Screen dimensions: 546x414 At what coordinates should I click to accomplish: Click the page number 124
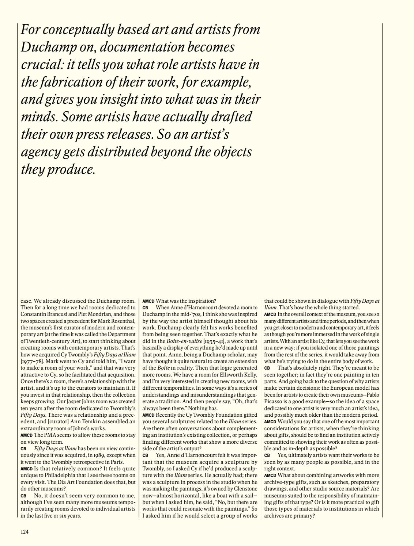pyautogui.click(x=25, y=532)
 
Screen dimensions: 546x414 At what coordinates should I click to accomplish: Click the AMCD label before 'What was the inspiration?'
pyautogui.click(x=148, y=301)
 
